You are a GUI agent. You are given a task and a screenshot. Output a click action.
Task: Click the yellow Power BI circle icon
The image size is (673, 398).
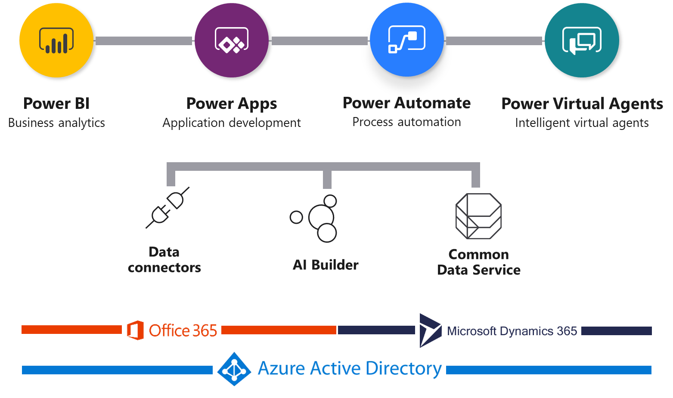pos(56,40)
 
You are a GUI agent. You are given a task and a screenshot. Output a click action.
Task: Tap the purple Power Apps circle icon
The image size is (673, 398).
pos(232,40)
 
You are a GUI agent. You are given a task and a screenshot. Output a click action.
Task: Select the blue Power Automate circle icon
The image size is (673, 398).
pos(406,40)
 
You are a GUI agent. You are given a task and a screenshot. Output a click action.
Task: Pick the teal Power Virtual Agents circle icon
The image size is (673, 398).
pos(582,40)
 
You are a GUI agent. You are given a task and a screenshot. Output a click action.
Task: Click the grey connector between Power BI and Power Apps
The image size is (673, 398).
pos(143,41)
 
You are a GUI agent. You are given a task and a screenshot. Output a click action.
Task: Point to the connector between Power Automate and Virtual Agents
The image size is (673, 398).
pos(494,41)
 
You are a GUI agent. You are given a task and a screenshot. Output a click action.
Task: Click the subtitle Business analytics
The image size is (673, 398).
pos(56,123)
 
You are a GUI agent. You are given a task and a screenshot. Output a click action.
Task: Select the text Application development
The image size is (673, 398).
pos(232,123)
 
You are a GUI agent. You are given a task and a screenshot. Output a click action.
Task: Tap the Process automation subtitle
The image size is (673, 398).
pos(406,122)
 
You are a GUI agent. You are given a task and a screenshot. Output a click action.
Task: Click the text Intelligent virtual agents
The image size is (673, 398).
pos(582,123)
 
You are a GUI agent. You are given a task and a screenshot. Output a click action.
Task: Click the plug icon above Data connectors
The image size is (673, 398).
pos(167,208)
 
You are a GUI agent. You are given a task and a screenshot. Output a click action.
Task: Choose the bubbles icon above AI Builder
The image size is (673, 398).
pos(316,218)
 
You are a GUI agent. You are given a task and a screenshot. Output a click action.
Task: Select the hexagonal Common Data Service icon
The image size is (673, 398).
pos(478,216)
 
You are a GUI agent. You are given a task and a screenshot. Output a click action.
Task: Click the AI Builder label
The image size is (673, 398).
pos(326,265)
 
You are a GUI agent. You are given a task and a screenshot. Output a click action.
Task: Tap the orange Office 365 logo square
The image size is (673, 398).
pos(135,330)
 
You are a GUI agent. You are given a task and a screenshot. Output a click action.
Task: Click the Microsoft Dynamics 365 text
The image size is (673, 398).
pos(512,331)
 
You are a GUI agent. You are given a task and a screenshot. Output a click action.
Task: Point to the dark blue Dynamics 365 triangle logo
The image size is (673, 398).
pos(430,330)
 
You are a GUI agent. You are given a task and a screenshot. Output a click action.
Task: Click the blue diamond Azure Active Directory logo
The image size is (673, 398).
pos(234,369)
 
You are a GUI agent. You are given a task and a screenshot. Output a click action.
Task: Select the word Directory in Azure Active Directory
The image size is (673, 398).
pos(403,369)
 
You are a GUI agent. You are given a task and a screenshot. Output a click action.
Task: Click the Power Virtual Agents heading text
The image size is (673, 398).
pos(582,104)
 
